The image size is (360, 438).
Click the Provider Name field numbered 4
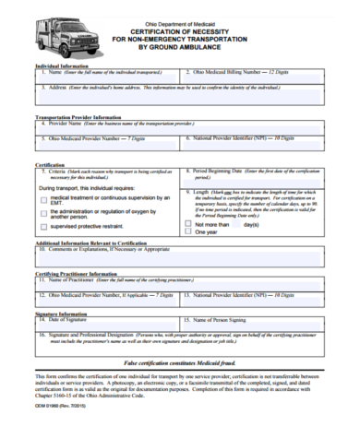point(179,127)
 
